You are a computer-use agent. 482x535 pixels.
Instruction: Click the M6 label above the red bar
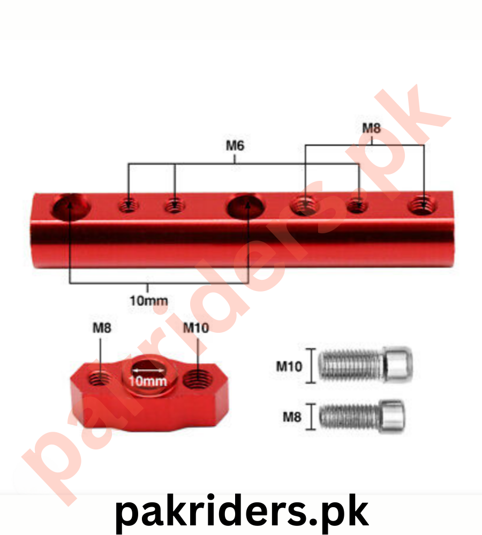pyautogui.click(x=235, y=146)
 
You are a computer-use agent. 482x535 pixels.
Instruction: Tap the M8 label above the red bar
pyautogui.click(x=371, y=128)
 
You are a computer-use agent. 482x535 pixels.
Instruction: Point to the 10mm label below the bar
pyautogui.click(x=148, y=301)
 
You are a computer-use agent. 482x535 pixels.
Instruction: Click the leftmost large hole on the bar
pyautogui.click(x=71, y=206)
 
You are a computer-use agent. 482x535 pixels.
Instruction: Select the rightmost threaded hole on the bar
pyautogui.click(x=423, y=206)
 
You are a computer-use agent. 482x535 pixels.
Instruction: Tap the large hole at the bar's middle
pyautogui.click(x=246, y=206)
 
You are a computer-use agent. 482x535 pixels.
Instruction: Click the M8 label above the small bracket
pyautogui.click(x=102, y=328)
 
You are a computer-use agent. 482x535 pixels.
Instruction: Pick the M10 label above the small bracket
pyautogui.click(x=195, y=328)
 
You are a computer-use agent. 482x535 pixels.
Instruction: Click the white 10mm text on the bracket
pyautogui.click(x=148, y=381)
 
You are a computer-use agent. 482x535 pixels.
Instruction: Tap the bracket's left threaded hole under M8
pyautogui.click(x=100, y=378)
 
